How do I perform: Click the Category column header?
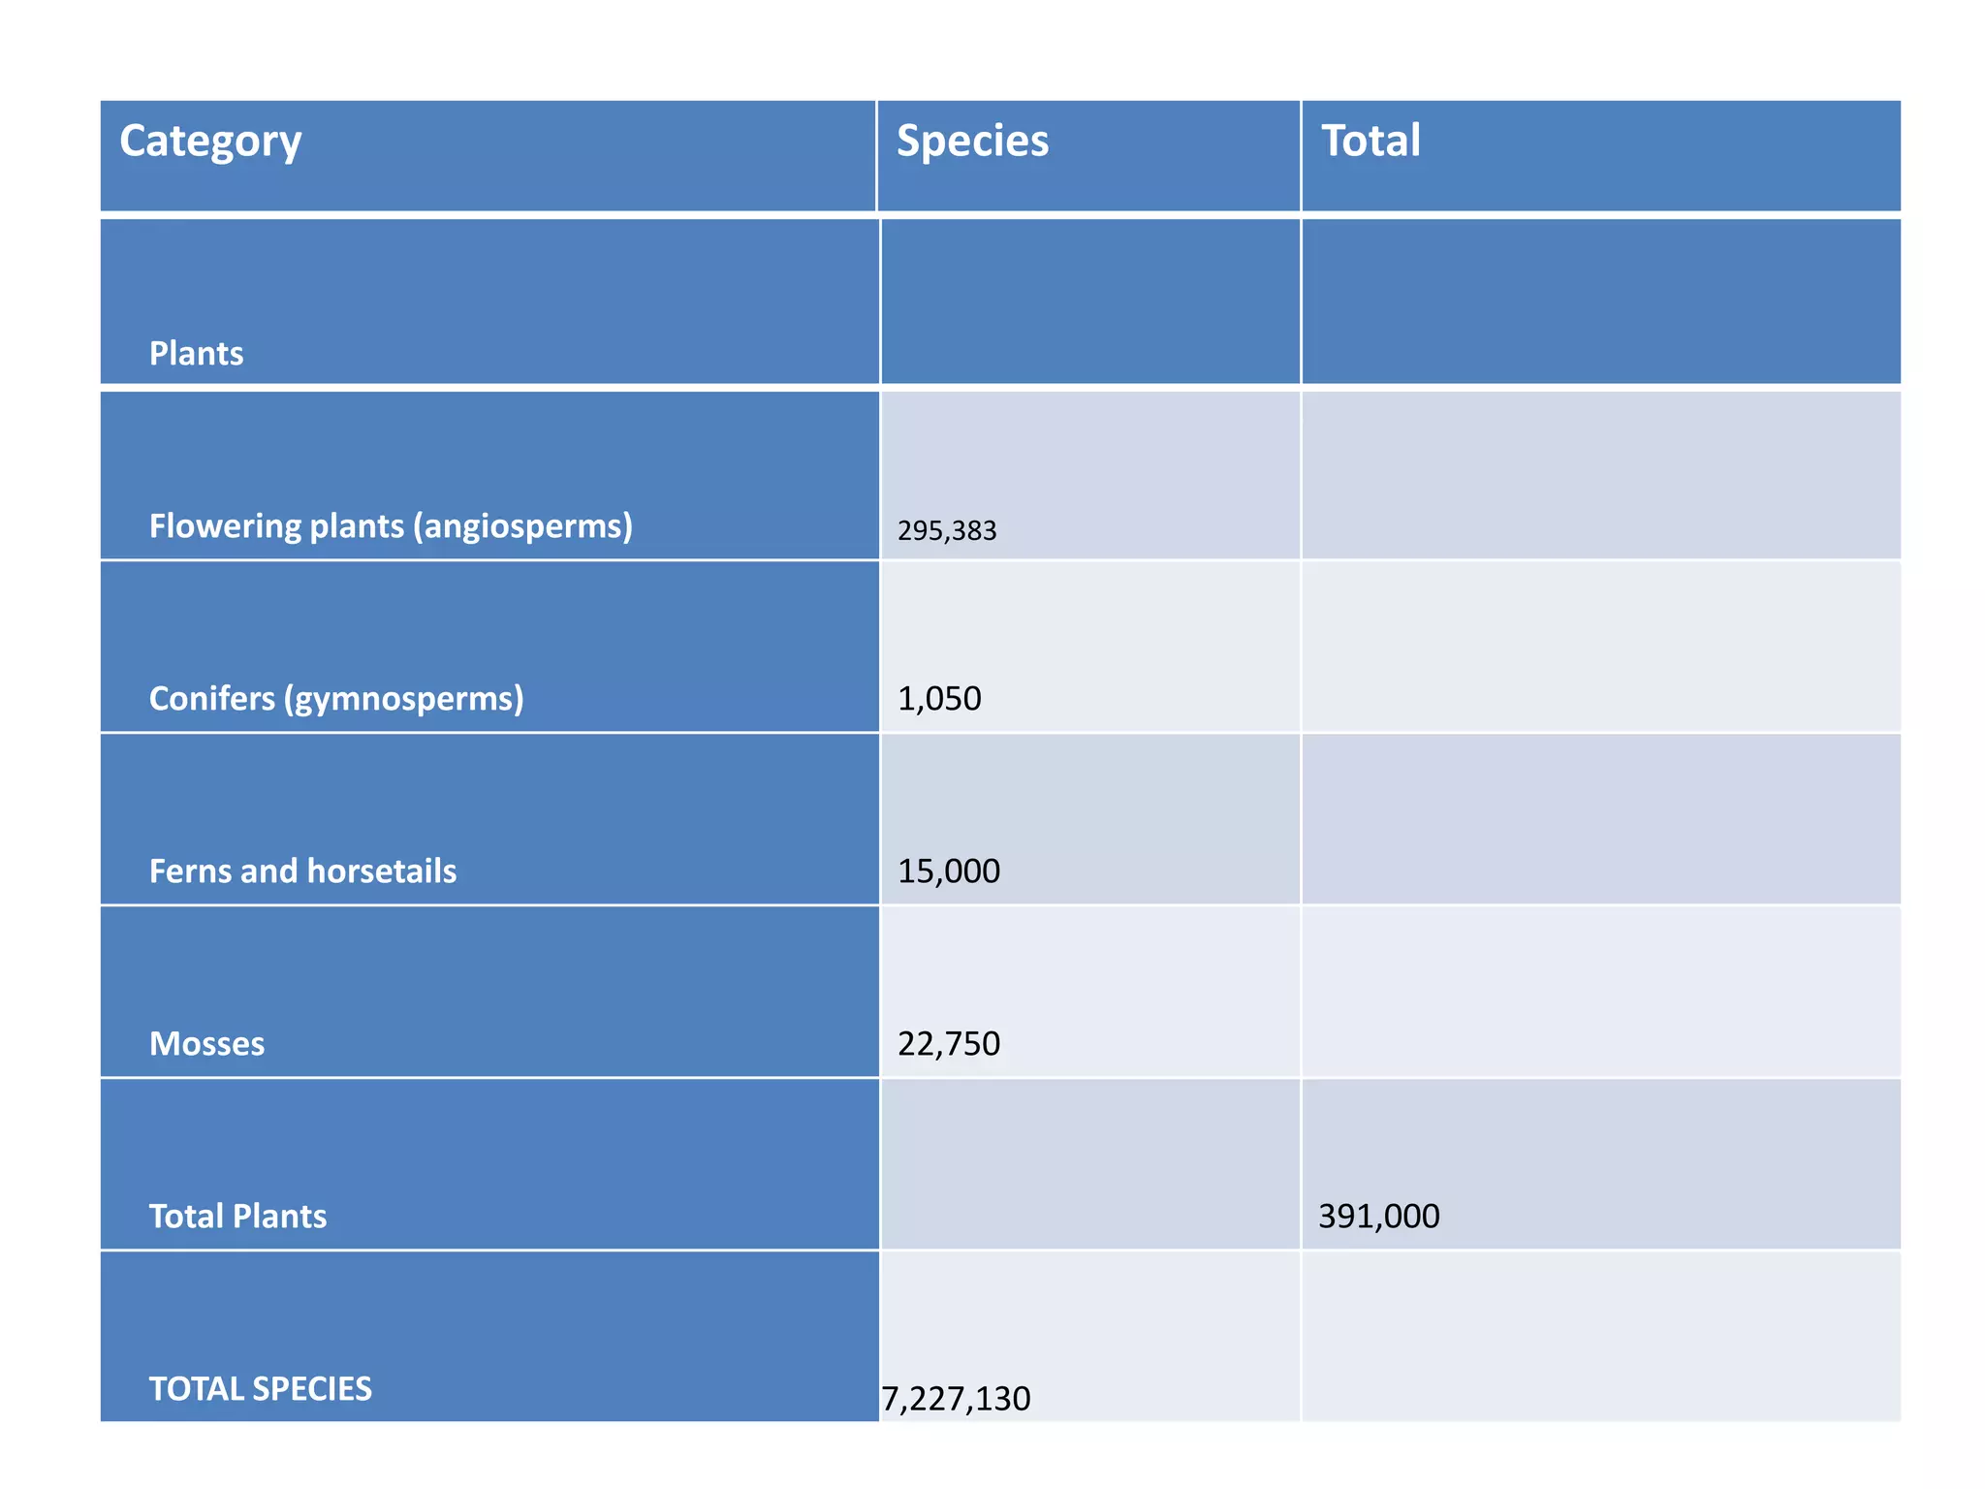(210, 142)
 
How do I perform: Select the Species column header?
(972, 142)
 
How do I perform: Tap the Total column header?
(1371, 142)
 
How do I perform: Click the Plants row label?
(196, 354)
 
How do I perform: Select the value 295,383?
(947, 531)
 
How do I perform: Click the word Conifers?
(212, 699)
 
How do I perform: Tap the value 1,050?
(939, 699)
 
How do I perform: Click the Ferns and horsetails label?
(302, 871)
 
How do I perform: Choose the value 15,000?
(948, 871)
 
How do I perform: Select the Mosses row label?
(206, 1044)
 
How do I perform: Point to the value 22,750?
(948, 1044)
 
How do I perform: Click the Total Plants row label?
(237, 1217)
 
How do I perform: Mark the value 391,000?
(1378, 1217)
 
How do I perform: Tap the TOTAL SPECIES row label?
(260, 1389)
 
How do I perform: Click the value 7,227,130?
(956, 1399)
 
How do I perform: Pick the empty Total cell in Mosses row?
(1599, 992)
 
